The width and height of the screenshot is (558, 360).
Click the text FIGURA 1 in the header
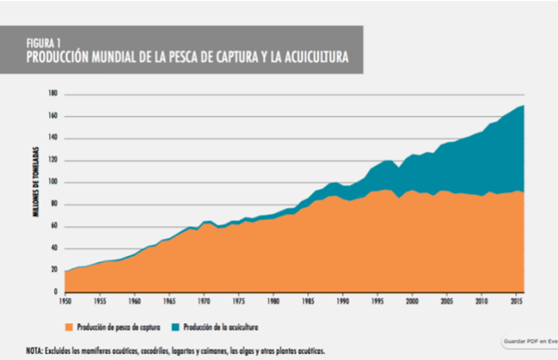[43, 42]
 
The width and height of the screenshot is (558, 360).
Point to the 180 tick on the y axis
[52, 93]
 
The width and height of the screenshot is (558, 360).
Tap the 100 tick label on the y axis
[52, 182]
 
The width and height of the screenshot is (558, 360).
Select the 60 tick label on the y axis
[54, 225]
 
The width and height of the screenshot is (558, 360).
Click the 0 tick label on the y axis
[56, 292]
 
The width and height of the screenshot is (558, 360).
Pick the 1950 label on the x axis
[65, 301]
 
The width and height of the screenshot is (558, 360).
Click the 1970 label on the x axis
[203, 301]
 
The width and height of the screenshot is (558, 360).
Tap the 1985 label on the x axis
[307, 301]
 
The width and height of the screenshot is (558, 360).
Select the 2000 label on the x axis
[411, 301]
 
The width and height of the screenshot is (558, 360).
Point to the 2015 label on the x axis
[515, 301]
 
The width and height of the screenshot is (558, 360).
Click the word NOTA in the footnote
[35, 350]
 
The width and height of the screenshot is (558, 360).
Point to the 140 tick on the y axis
[52, 137]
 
